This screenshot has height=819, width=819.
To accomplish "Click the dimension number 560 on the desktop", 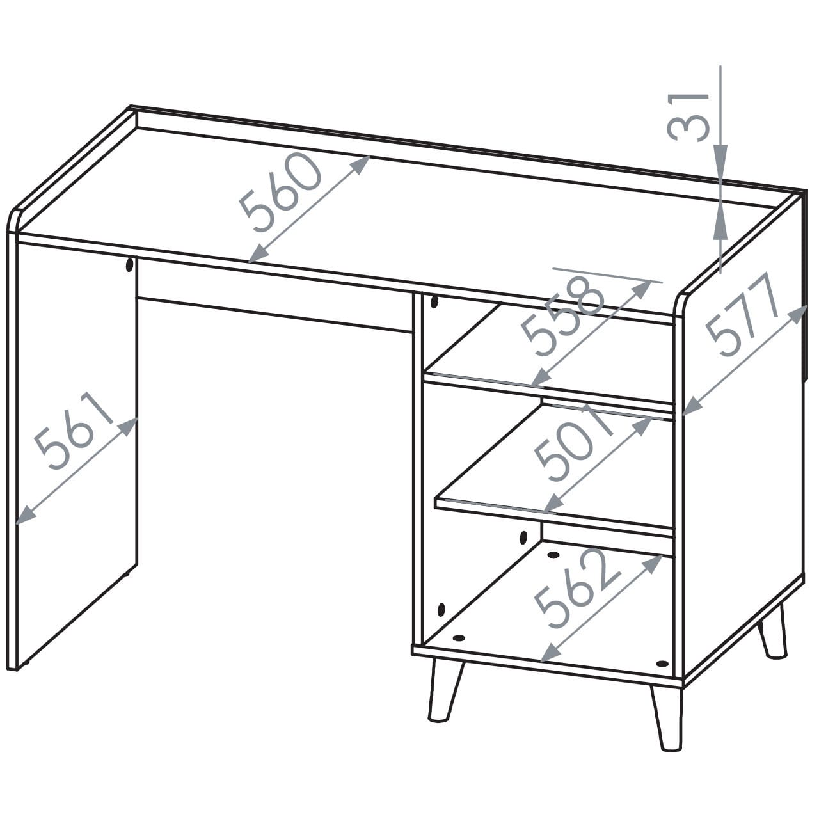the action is click(x=280, y=193).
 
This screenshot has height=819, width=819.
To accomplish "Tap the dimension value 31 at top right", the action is click(x=688, y=117).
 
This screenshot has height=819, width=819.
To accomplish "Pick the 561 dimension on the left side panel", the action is click(x=74, y=431).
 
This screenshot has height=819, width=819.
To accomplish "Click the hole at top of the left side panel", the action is click(x=129, y=265).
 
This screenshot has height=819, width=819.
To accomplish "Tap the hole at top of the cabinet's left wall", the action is click(x=434, y=302).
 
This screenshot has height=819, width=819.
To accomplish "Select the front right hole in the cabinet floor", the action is click(x=662, y=663).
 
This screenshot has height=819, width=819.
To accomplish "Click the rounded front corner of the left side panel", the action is click(x=13, y=219).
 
